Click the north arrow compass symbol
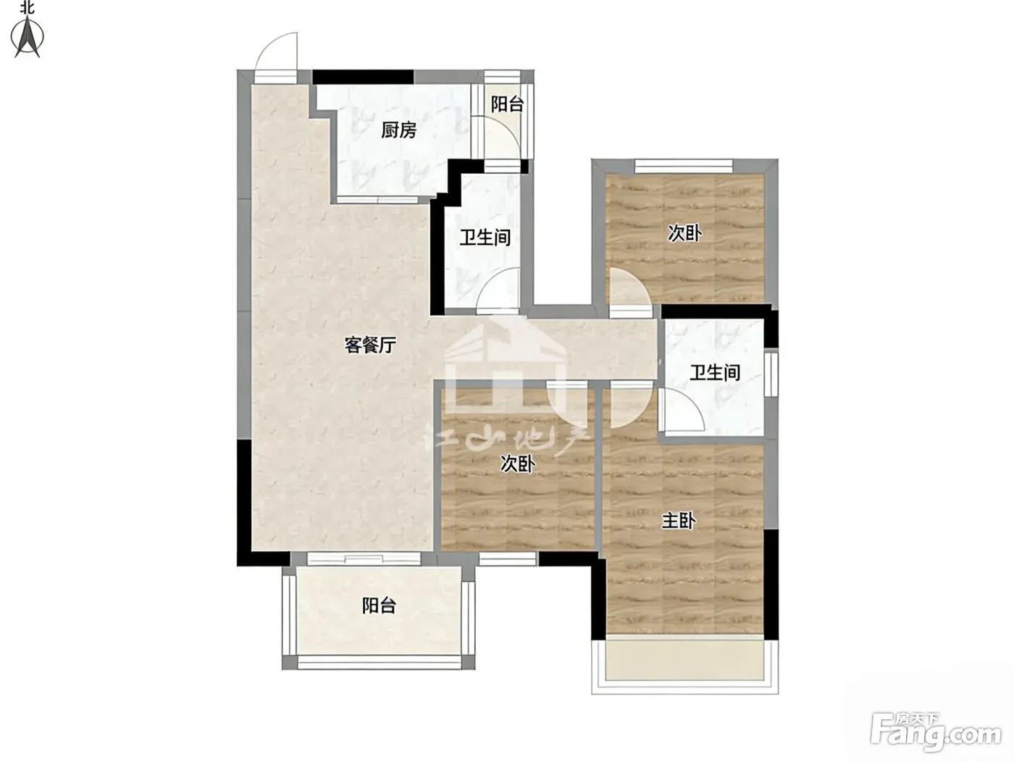click(28, 38)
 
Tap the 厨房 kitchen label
click(398, 130)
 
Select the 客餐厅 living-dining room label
click(371, 345)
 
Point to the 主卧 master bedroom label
click(679, 521)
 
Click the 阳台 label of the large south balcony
click(380, 606)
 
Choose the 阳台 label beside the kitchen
click(507, 104)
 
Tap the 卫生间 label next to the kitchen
click(485, 238)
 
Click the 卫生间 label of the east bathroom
click(715, 372)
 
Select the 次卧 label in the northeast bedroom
click(685, 234)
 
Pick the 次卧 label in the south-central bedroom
click(518, 464)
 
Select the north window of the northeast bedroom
click(683, 166)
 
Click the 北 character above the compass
click(28, 7)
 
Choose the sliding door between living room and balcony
click(364, 559)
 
